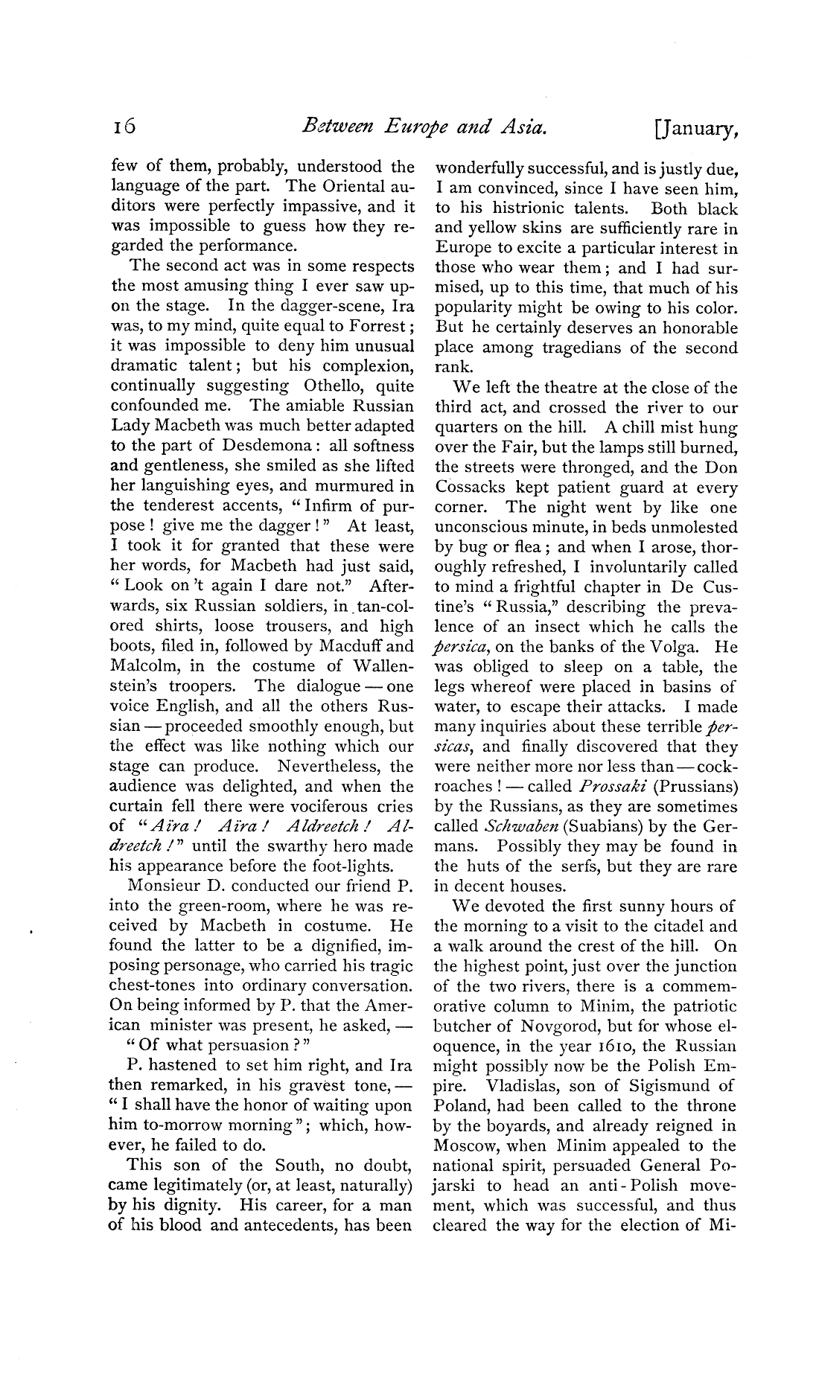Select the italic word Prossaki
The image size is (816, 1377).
(613, 787)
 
